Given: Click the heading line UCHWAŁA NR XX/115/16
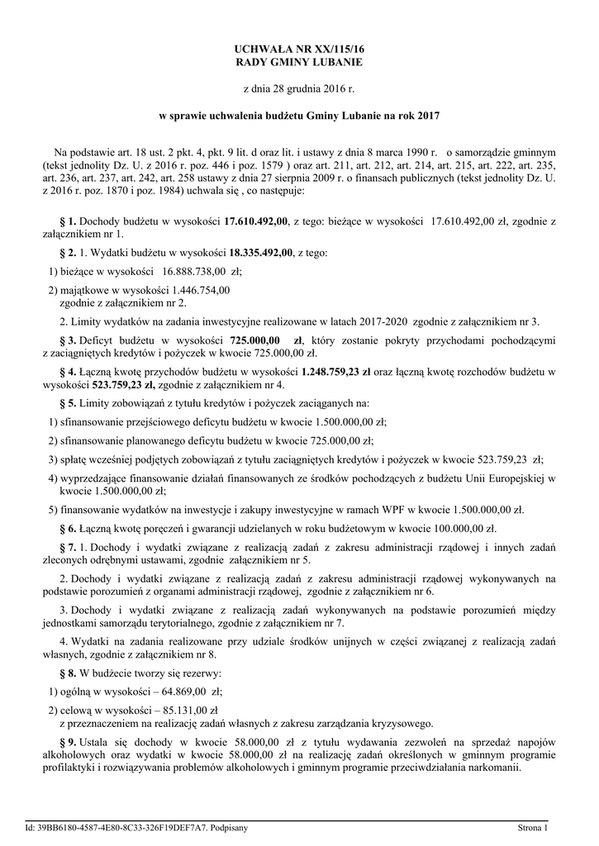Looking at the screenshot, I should click(298, 50).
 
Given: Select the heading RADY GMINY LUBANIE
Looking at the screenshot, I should click(298, 62).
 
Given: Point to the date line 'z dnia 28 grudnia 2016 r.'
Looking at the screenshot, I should click(298, 88).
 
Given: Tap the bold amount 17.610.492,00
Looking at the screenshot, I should click(256, 221).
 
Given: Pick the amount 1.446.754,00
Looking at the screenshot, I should click(201, 289).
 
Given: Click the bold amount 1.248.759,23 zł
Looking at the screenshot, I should click(324, 371).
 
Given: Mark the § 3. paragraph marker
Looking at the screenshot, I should click(68, 340).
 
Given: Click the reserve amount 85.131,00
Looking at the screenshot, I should click(179, 709).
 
